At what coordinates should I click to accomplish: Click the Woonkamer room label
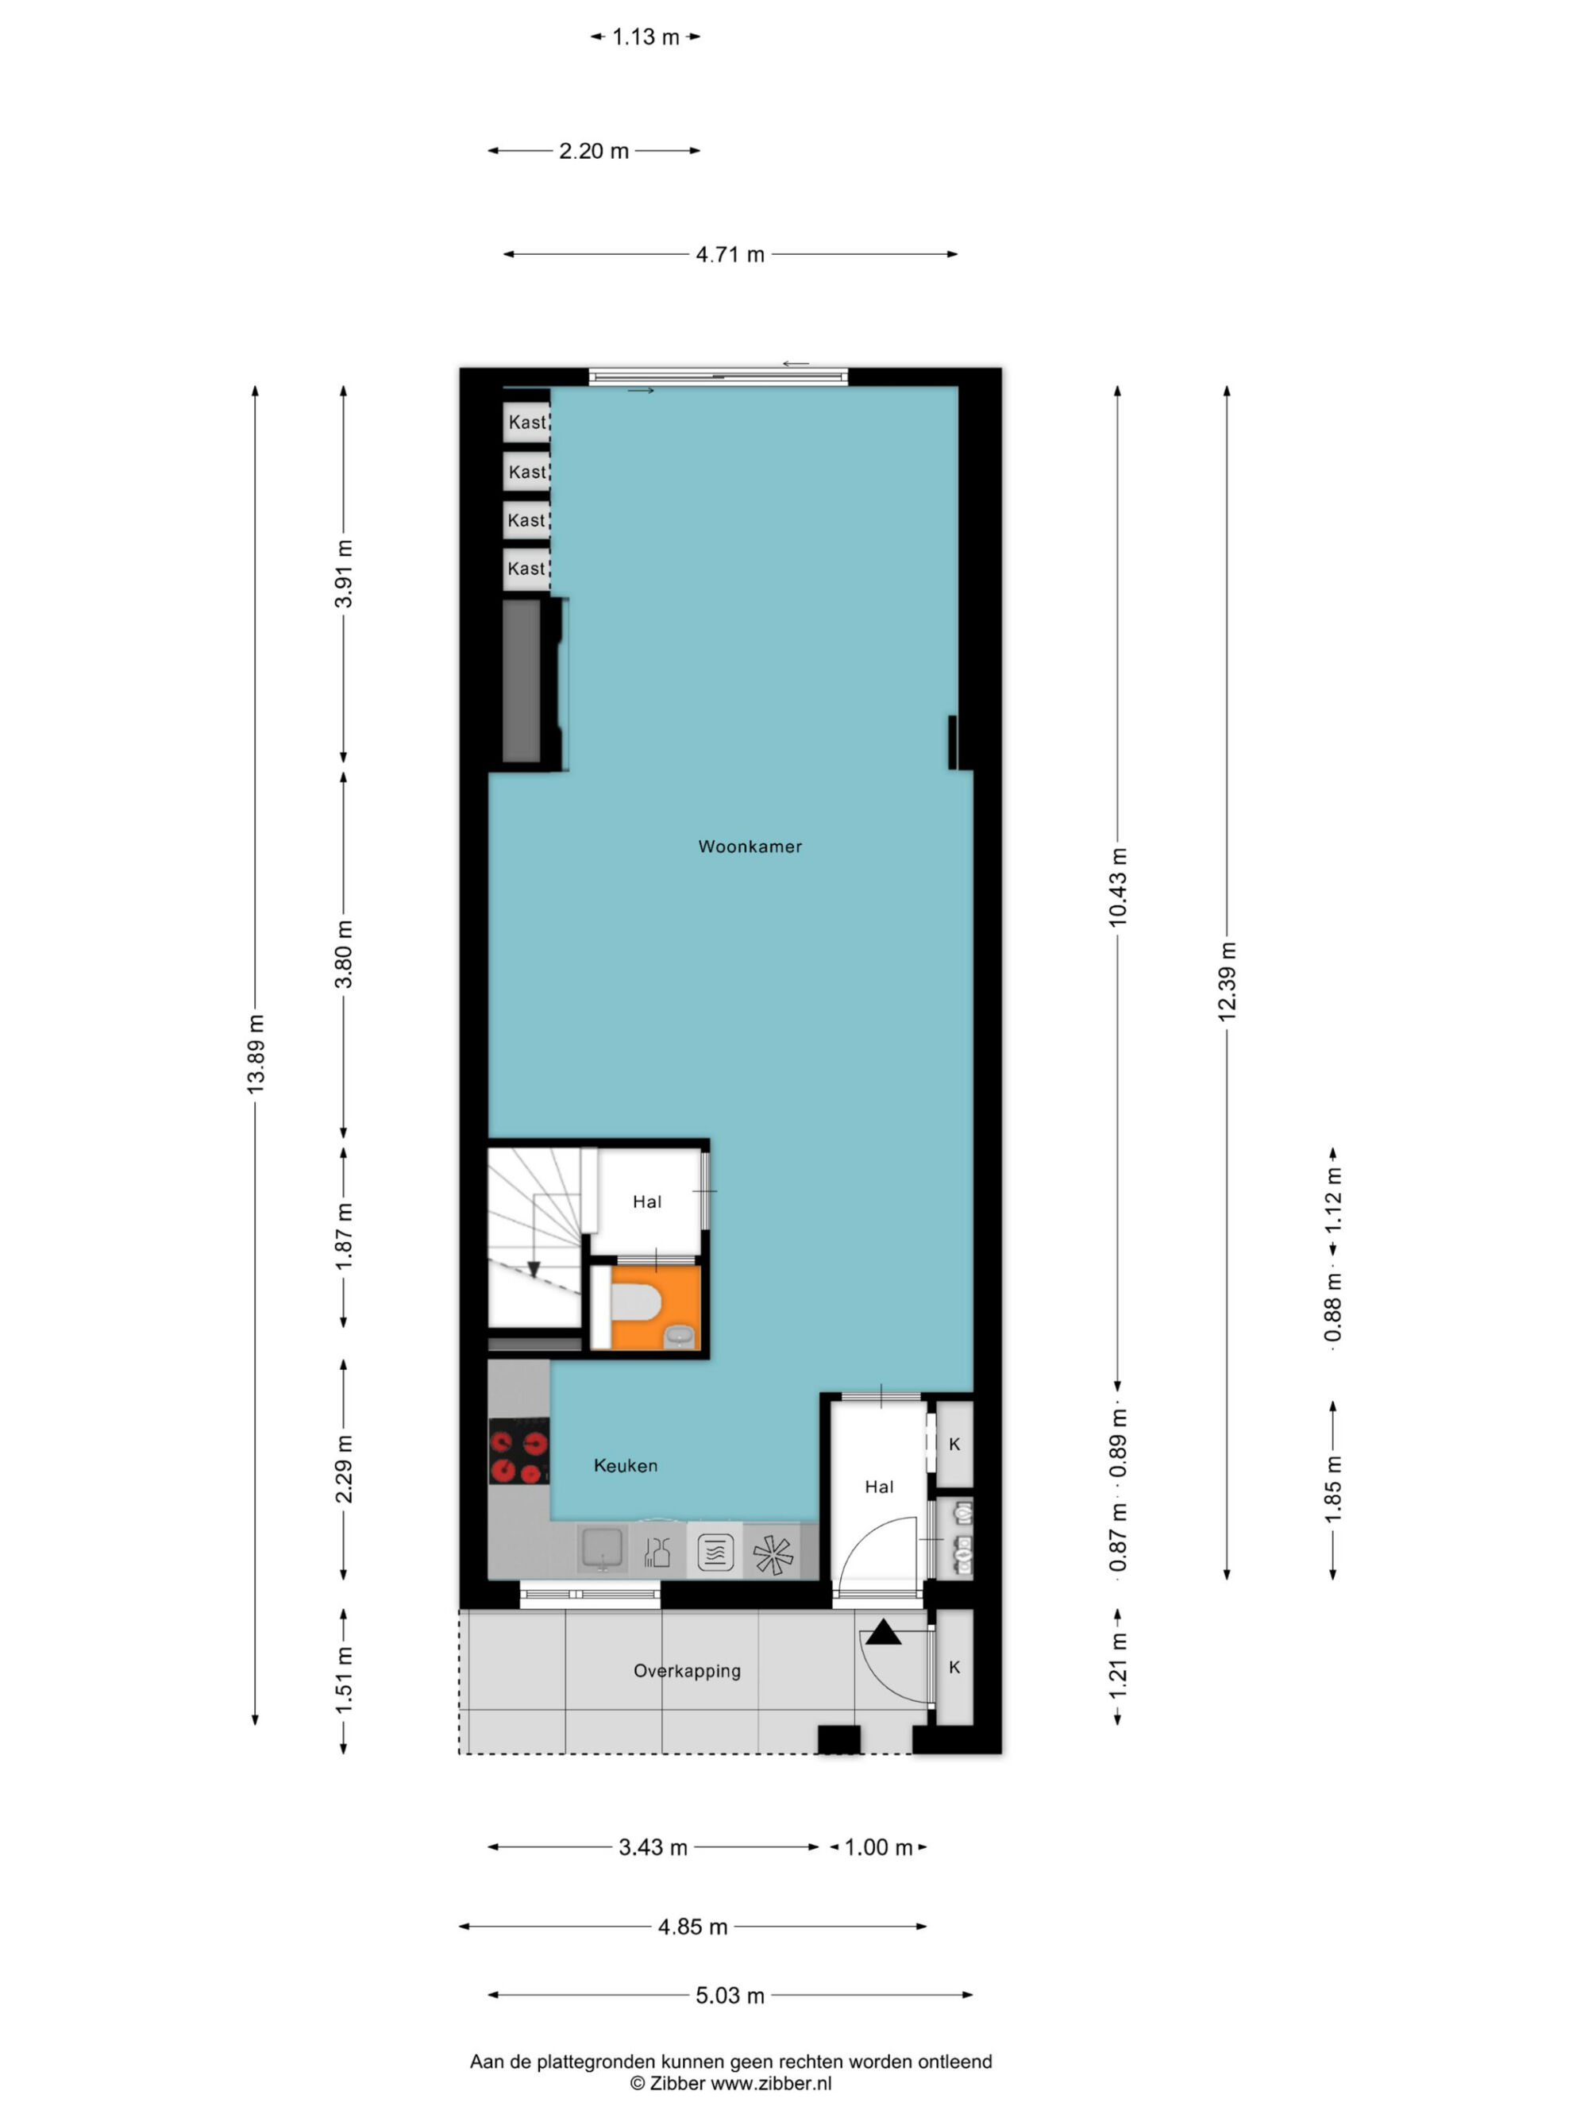750,847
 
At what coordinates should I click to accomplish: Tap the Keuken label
625,1465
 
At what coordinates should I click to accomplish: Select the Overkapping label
686,1671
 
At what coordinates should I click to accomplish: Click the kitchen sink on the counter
602,1549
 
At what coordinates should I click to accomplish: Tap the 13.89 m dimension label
256,1053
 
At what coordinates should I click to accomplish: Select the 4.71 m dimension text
730,255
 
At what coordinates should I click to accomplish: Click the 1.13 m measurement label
646,37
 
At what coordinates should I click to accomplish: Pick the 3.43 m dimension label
653,1847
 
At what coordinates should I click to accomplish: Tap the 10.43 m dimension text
1118,886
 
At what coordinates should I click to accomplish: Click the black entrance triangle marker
884,1632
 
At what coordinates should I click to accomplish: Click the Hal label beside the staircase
647,1202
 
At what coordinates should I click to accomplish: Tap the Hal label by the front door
879,1487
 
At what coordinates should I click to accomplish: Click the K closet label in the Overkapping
954,1667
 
